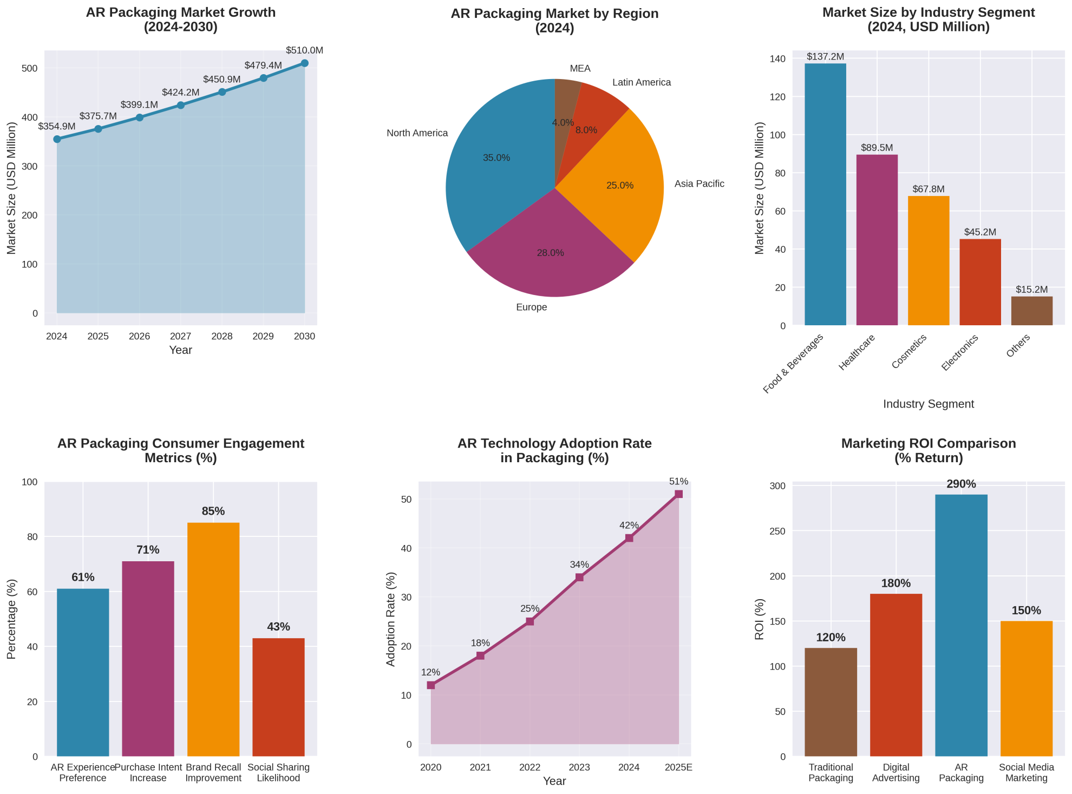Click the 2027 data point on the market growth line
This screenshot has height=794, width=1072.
(x=181, y=105)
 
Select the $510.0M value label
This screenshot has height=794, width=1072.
(x=304, y=50)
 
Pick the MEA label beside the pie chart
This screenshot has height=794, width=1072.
(x=580, y=69)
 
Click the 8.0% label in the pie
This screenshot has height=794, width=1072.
(x=586, y=130)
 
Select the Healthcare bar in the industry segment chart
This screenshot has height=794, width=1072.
(x=877, y=240)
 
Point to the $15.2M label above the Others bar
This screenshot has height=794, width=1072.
(x=1032, y=290)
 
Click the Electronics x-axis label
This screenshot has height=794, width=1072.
(x=960, y=352)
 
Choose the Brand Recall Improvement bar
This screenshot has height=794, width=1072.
(x=213, y=639)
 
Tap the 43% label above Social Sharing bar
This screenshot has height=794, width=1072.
(x=279, y=627)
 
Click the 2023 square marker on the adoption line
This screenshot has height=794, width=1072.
(x=579, y=578)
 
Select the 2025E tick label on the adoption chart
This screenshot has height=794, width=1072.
(x=678, y=767)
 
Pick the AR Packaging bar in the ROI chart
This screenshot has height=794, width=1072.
(x=962, y=625)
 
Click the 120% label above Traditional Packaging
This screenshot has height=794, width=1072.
(x=831, y=638)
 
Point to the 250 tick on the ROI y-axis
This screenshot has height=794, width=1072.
(x=777, y=531)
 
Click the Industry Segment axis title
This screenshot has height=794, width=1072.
(x=929, y=404)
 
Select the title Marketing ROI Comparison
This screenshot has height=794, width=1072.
(x=929, y=444)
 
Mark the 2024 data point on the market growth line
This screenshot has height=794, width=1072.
(x=57, y=139)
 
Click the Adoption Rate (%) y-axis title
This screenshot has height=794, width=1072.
(x=391, y=619)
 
